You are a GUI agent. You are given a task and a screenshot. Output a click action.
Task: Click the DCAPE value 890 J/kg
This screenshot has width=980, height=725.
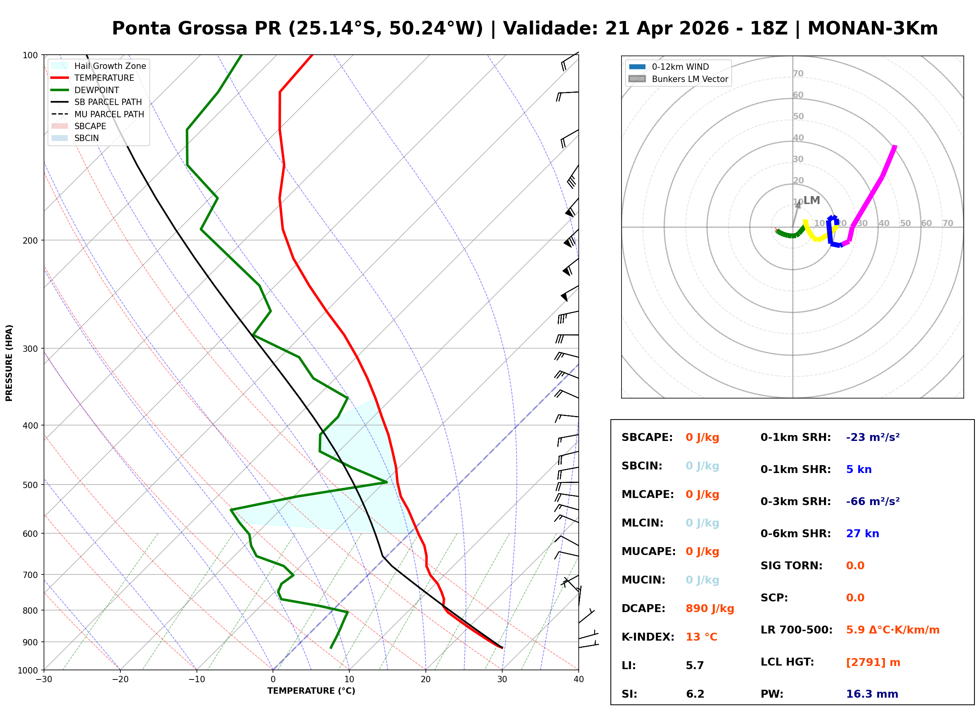pos(709,608)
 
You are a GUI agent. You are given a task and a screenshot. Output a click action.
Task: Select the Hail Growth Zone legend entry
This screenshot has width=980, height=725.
pos(110,66)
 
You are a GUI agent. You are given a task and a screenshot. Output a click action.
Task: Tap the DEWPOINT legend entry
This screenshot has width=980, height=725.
pos(97,90)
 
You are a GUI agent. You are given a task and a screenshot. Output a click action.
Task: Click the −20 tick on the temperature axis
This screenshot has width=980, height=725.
pos(120,679)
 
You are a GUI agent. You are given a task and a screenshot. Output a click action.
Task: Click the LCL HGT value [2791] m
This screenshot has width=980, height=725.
pos(873,662)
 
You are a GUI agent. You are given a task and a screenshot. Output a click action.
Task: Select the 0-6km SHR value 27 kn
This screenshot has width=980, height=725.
pos(862,534)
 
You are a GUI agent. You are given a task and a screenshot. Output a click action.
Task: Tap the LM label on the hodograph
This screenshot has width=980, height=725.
pos(812,200)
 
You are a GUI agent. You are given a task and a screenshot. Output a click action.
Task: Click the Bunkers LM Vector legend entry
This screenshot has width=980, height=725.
pos(690,79)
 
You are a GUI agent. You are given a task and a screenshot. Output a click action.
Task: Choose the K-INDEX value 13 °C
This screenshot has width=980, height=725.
pos(701,637)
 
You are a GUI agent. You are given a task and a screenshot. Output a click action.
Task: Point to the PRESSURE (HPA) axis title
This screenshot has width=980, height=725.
pos(9,363)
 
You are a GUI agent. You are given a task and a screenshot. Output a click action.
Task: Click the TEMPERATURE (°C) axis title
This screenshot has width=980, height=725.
pos(311,691)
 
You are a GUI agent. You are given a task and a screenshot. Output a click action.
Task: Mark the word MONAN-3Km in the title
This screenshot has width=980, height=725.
pos(872,29)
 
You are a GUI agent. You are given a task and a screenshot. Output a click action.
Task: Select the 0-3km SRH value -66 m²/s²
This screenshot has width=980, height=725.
pos(873,501)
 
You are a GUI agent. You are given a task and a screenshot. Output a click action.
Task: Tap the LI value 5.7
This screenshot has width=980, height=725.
pos(694,665)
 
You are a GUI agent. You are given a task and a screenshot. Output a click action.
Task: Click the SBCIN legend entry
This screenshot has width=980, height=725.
pos(86,138)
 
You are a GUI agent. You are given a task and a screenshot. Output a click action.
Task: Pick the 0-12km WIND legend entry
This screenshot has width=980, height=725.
pos(680,67)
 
